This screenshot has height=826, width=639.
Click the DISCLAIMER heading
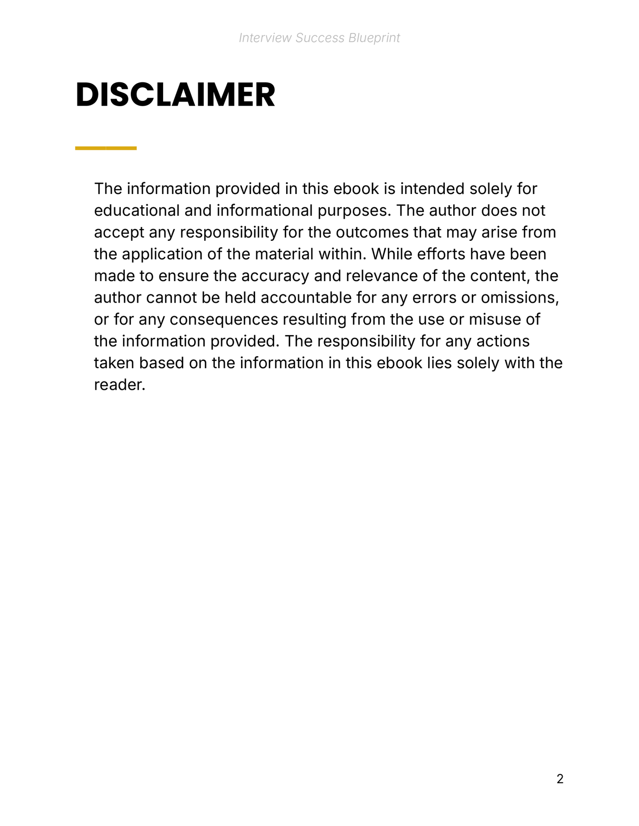point(175,95)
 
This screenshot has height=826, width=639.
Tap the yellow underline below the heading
point(106,148)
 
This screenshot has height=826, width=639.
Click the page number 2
point(560,779)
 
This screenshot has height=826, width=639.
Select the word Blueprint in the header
point(374,38)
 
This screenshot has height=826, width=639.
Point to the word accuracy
point(275,276)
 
